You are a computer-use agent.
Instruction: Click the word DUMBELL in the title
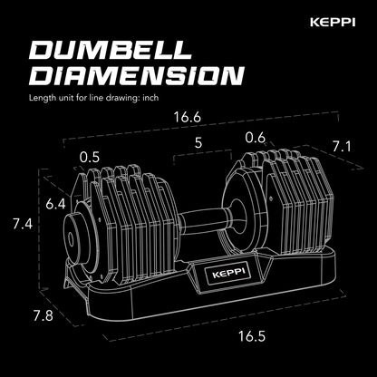(117, 53)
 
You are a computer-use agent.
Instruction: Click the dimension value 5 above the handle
(199, 141)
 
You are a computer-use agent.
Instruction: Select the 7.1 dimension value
(342, 147)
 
